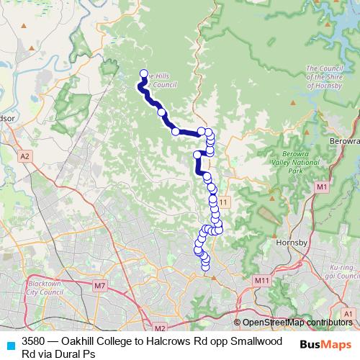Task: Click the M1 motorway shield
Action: pyautogui.click(x=321, y=187)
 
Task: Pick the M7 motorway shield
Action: pyautogui.click(x=99, y=286)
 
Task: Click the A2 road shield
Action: pyautogui.click(x=25, y=156)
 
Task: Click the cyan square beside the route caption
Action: pyautogui.click(x=10, y=345)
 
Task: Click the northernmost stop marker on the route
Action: pyautogui.click(x=143, y=73)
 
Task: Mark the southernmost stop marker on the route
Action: pyautogui.click(x=205, y=267)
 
